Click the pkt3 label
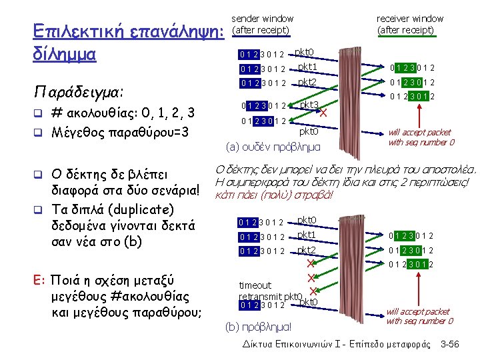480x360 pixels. [x=309, y=105]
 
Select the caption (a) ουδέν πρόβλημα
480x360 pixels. [x=273, y=146]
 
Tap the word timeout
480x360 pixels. [x=255, y=285]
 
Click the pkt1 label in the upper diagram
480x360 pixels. [x=307, y=67]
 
